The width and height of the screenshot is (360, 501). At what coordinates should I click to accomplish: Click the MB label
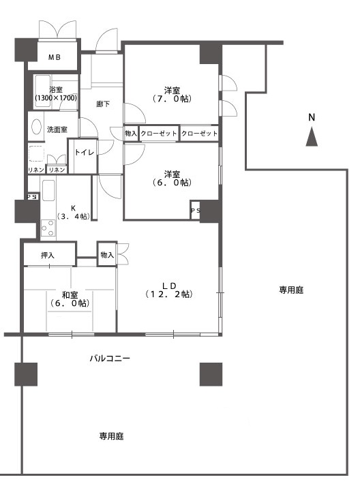click(55, 57)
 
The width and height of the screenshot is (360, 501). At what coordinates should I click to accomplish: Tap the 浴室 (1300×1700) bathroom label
click(56, 94)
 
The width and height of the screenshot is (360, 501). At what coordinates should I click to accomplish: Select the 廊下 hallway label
click(103, 104)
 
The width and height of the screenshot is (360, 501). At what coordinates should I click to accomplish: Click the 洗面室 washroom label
click(57, 130)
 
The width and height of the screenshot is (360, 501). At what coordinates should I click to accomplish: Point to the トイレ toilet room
click(83, 156)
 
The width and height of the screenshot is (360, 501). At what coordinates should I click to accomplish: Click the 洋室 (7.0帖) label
click(172, 94)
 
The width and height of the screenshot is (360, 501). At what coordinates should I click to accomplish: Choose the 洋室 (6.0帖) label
click(172, 179)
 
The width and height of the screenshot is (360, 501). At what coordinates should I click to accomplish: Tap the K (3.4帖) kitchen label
click(73, 212)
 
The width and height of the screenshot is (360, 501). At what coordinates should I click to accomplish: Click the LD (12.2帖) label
click(169, 290)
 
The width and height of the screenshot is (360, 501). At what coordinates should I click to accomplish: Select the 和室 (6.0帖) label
click(70, 299)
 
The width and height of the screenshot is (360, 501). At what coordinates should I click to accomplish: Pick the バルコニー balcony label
click(110, 358)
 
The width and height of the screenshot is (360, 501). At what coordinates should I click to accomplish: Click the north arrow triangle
click(312, 136)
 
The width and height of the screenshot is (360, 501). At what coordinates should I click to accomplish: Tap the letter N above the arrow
click(312, 117)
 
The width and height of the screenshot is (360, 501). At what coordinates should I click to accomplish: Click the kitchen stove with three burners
click(48, 228)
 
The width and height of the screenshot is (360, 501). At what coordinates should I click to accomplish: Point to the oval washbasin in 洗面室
click(36, 127)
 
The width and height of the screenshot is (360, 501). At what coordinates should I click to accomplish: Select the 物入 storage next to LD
click(107, 254)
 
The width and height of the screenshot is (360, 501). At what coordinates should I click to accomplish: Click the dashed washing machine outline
click(36, 154)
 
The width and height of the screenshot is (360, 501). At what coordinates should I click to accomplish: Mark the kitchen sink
click(48, 190)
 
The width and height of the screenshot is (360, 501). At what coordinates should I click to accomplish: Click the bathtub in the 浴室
click(42, 92)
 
